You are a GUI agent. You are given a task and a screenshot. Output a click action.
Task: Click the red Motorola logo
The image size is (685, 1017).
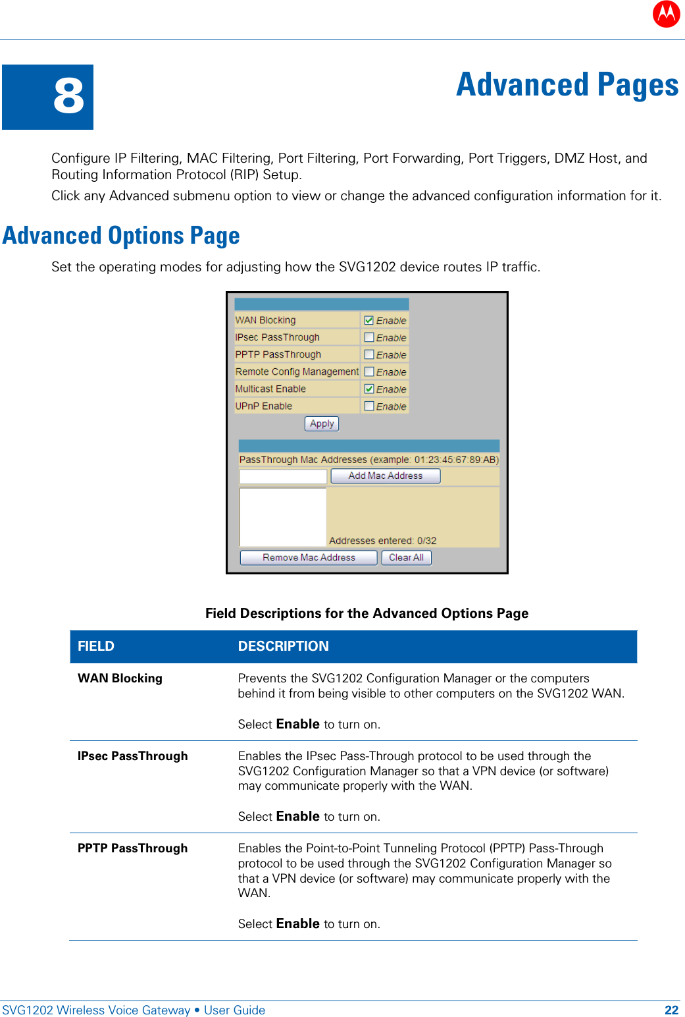pos(666,13)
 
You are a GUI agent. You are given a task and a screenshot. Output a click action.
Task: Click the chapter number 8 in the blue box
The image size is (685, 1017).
pos(68,96)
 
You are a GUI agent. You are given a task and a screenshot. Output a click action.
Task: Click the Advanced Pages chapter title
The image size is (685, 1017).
pos(567,85)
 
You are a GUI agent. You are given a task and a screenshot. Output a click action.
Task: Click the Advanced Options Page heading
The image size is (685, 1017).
pos(121,236)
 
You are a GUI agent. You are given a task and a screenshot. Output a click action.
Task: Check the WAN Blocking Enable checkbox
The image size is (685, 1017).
pos(369,320)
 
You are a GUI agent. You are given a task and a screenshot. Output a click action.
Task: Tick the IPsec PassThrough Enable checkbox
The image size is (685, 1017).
pos(369,337)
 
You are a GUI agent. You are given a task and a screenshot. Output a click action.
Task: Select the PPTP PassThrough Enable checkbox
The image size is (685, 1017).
pos(369,354)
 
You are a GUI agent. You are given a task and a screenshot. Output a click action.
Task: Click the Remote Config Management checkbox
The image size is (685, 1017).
pos(369,371)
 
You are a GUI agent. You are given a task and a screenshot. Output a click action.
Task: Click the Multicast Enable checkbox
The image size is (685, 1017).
pos(369,389)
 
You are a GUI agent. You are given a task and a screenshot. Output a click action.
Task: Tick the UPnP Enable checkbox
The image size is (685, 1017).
pos(369,406)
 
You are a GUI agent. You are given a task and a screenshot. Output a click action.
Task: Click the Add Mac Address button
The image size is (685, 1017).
pos(385,476)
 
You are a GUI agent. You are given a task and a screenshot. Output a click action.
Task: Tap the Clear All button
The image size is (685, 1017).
pos(406,557)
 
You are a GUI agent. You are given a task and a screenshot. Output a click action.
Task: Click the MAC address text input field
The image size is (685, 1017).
pos(283,476)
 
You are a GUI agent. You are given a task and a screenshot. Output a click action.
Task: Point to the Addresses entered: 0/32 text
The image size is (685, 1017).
pos(382,541)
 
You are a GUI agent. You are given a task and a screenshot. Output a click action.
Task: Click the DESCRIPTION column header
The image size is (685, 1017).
pos(283,646)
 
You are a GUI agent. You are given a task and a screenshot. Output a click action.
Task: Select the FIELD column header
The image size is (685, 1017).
pos(96,646)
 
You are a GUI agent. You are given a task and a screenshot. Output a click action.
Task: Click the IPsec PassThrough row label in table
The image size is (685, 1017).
pos(133,756)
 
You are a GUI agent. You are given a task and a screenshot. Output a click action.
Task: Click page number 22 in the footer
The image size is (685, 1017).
pos(671,1010)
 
